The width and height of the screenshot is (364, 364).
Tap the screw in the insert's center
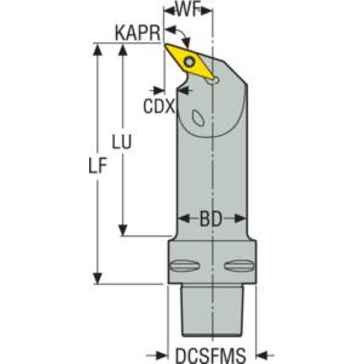tap(191, 61)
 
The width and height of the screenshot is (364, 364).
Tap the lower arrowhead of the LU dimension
tap(123, 231)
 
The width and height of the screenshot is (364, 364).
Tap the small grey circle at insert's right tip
tap(214, 81)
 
